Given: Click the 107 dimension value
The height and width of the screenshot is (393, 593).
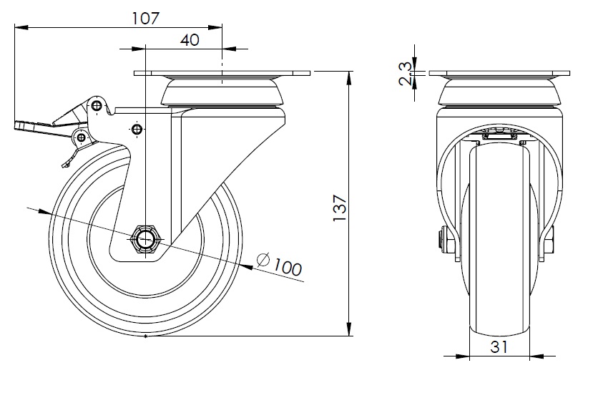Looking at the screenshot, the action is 146,18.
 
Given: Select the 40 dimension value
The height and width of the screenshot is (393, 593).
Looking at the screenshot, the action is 190,40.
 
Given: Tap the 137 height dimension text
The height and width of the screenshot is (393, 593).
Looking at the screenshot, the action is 340,208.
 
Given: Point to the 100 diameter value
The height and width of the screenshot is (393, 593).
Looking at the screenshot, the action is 288,267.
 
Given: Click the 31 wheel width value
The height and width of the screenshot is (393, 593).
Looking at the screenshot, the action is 499,347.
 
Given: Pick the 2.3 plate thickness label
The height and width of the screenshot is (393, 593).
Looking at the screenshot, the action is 406,74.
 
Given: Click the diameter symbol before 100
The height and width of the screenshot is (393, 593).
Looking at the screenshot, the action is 263,260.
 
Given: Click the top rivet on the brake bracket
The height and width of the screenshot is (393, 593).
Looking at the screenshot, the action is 97,105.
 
